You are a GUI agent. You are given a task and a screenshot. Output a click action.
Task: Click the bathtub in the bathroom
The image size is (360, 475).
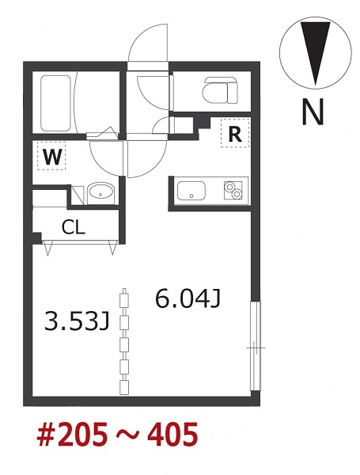[x=55, y=103]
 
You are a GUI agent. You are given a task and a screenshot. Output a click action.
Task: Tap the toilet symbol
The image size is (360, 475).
[x=221, y=90]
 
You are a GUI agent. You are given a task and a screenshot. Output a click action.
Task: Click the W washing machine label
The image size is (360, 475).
[x=52, y=156]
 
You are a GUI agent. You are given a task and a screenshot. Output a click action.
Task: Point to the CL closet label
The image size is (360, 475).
[x=74, y=227]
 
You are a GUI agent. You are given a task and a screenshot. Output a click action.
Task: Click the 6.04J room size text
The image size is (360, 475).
[x=188, y=298]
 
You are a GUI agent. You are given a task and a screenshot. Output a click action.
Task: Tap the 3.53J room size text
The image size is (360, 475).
[x=76, y=321]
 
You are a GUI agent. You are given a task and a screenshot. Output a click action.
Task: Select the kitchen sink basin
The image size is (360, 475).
[x=191, y=191]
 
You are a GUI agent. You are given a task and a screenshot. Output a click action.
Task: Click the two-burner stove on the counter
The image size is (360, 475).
[x=233, y=190]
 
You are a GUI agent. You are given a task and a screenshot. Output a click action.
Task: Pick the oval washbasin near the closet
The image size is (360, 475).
[x=100, y=193]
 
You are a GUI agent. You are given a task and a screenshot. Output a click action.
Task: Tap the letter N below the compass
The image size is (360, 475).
[x=313, y=112]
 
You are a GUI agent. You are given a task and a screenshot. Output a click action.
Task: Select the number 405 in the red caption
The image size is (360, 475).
[x=173, y=435]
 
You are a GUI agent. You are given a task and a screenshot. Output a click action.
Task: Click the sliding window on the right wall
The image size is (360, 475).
[x=256, y=346]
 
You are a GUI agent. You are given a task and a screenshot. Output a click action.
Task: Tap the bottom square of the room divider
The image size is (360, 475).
[x=124, y=387]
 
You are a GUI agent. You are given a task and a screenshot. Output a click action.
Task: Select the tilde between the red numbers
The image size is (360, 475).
[x=128, y=435]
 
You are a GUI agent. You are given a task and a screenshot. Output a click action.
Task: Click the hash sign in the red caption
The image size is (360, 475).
[x=47, y=435]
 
